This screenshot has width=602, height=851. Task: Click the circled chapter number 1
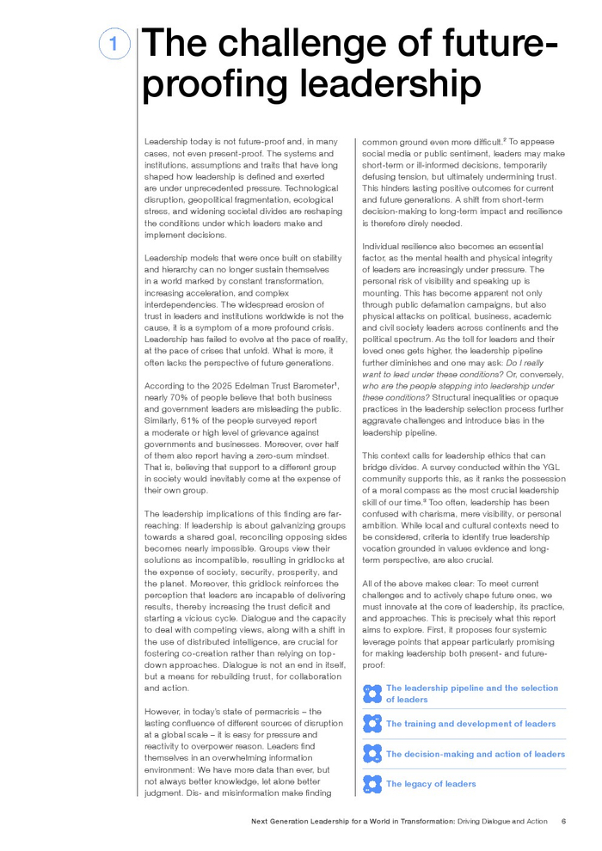click(x=114, y=43)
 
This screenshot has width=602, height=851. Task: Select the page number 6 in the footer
click(x=562, y=821)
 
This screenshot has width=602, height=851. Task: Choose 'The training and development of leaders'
click(x=470, y=724)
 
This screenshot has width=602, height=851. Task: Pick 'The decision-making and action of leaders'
click(x=475, y=754)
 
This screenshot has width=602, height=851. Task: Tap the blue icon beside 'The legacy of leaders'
click(x=372, y=784)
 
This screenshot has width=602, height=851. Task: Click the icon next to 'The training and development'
click(x=372, y=724)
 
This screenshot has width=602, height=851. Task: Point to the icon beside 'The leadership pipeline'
click(x=372, y=694)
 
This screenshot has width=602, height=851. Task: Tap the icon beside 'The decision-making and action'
click(x=372, y=754)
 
